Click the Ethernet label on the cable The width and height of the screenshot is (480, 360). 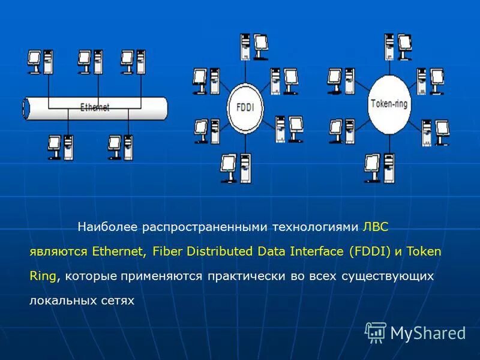click(95, 108)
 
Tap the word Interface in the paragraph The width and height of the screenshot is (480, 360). click(316, 251)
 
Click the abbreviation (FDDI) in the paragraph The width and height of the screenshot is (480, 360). click(370, 251)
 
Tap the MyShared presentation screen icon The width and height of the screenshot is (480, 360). click(376, 332)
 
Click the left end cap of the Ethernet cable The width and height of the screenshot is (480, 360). click(25, 107)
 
